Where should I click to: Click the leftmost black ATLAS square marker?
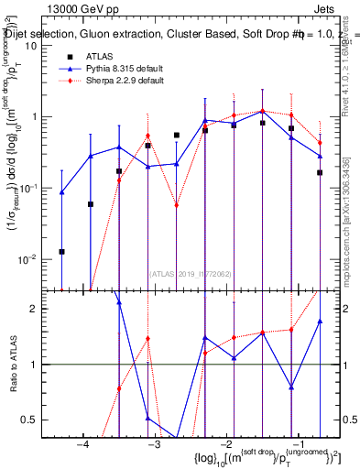(x=61, y=251)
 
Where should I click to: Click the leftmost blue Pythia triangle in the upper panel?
(x=61, y=192)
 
